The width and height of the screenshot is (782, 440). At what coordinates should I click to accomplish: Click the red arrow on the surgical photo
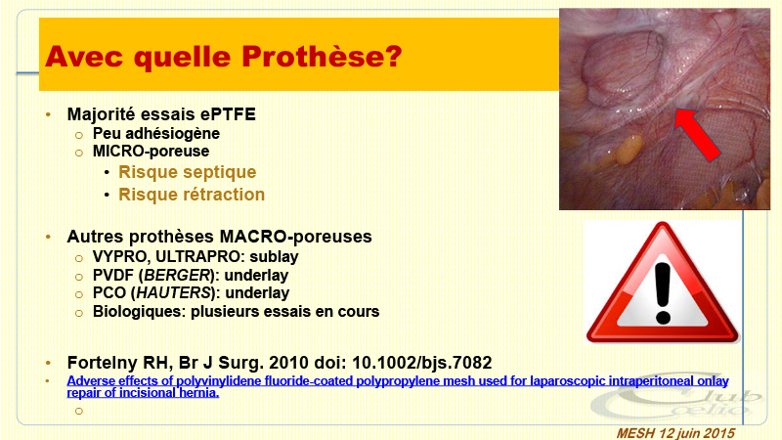pos(697,134)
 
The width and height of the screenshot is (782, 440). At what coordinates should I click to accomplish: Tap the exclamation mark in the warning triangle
pos(663,293)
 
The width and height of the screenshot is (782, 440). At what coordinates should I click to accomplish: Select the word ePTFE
pos(228,114)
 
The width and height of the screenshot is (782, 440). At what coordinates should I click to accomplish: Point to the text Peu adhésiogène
pos(156,134)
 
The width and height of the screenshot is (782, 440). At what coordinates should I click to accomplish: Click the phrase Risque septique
pos(187,172)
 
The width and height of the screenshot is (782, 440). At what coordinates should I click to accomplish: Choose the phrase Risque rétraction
pos(192,195)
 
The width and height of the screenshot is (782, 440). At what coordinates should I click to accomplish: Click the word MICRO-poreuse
pos(151,152)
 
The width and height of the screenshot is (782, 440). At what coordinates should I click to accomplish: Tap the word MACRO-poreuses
pos(296,237)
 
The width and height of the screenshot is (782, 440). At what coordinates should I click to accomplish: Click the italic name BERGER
pos(177,276)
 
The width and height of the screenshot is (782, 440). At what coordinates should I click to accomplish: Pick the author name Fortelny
pos(103,363)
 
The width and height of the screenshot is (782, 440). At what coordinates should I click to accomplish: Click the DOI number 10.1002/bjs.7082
pos(422,363)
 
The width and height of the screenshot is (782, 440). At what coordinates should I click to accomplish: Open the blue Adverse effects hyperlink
pos(398,386)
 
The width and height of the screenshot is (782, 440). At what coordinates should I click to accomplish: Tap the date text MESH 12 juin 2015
pos(675,433)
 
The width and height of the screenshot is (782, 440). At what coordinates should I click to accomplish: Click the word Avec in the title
pos(83,56)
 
